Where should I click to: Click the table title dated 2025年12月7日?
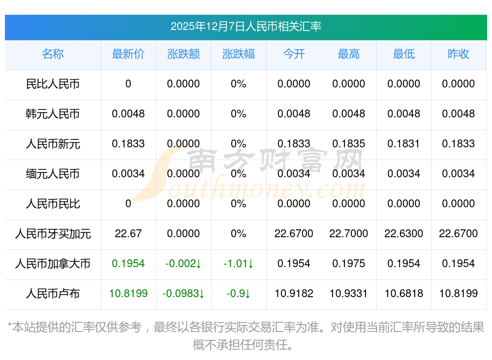(x=246, y=27)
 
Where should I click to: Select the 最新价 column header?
(x=128, y=54)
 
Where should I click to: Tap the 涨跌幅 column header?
(x=239, y=54)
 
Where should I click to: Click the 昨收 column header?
(x=459, y=54)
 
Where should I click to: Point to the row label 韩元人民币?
(x=53, y=114)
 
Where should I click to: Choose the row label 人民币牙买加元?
(x=53, y=234)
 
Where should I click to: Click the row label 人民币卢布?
(x=53, y=294)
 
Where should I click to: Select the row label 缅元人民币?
(x=53, y=174)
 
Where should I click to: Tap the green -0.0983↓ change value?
(x=184, y=294)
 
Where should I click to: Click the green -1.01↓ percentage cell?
(x=239, y=264)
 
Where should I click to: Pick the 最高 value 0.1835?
(x=349, y=144)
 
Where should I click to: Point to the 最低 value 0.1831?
(x=404, y=144)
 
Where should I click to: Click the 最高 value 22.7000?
(x=349, y=234)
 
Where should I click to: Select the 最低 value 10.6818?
(x=404, y=294)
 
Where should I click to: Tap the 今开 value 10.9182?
(x=294, y=294)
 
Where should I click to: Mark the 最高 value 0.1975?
(x=349, y=264)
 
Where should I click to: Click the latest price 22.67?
(x=128, y=234)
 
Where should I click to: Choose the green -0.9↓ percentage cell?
(x=239, y=294)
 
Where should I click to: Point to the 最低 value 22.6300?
(x=404, y=234)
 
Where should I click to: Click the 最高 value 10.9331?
(x=349, y=294)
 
